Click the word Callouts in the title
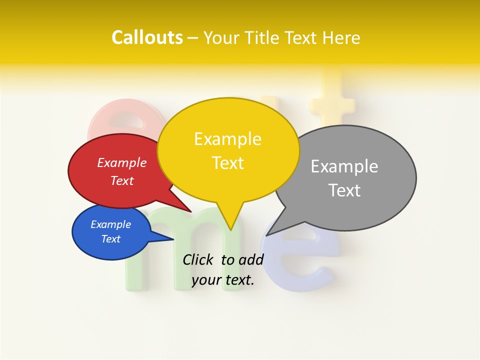coord(147,37)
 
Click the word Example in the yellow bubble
coord(227,139)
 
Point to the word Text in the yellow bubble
coord(227,163)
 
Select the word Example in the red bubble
coord(122,162)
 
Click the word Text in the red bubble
coord(122,180)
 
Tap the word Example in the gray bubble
coord(344,166)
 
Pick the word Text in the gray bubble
coord(344,190)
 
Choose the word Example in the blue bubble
coord(111,224)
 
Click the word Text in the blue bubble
coord(111,239)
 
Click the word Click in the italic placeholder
coord(198,259)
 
